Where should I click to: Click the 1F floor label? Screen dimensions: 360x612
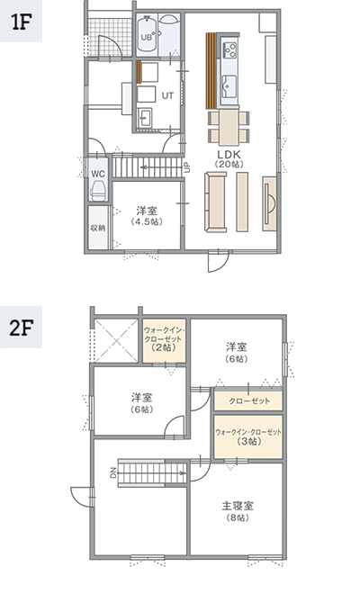coord(21,23)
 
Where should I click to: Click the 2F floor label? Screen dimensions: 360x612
coord(21,327)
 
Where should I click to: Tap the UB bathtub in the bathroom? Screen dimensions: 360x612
coord(147,34)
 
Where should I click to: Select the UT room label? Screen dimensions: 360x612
coord(167,95)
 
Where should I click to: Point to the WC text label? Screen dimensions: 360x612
coord(98,174)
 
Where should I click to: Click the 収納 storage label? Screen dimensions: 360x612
coord(98,228)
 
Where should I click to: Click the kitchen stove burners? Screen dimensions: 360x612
coord(229,49)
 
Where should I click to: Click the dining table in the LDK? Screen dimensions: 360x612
coord(229,128)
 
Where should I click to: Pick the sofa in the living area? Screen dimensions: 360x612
coord(216,202)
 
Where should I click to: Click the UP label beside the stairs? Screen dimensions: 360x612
coord(187,167)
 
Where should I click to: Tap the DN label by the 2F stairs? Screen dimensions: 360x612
coord(113,473)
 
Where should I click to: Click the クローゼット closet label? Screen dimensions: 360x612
coord(249,400)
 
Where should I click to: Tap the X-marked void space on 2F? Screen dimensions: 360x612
coord(116,341)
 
